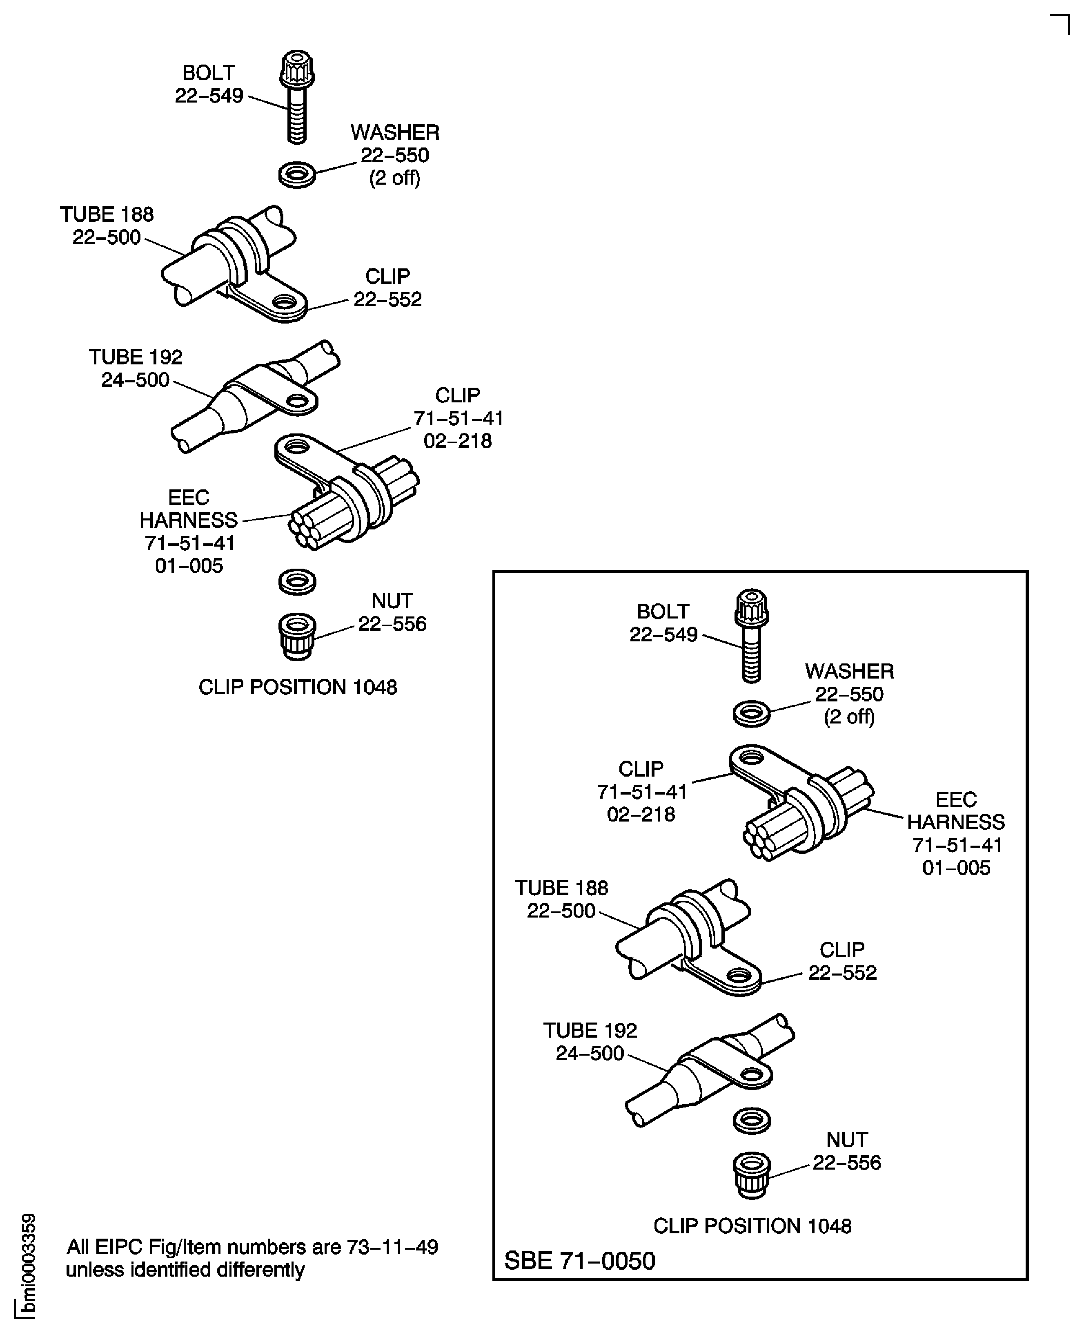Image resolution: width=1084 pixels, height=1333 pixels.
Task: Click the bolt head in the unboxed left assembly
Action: (296, 69)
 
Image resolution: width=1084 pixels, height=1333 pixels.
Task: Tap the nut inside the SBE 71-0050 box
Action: (751, 1174)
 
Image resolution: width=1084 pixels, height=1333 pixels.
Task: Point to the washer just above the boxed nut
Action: (751, 1120)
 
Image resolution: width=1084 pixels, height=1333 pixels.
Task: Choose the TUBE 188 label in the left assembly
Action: (107, 226)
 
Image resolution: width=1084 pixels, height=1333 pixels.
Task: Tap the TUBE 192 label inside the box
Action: (590, 1041)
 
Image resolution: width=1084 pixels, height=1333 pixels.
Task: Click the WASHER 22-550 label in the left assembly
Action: (395, 155)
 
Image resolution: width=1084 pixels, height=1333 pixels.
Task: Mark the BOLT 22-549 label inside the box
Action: (663, 623)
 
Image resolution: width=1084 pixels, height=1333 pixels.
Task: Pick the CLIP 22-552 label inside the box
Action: (842, 961)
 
